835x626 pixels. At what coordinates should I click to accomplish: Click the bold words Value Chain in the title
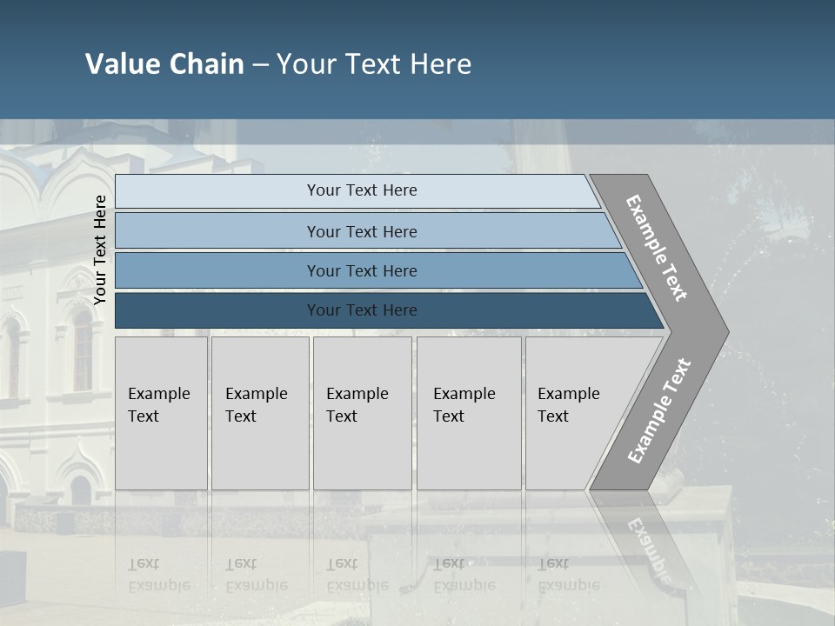pyautogui.click(x=164, y=64)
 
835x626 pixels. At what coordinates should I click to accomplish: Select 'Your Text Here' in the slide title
pyautogui.click(x=374, y=64)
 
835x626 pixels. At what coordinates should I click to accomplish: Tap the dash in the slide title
pyautogui.click(x=260, y=65)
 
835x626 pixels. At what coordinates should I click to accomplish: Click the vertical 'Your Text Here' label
pyautogui.click(x=100, y=250)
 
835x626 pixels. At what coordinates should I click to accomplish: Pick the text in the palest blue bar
pyautogui.click(x=362, y=190)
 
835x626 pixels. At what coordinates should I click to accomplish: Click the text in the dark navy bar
pyautogui.click(x=362, y=310)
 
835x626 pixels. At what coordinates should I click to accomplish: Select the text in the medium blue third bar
pyautogui.click(x=362, y=271)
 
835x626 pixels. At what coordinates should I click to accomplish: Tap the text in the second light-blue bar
pyautogui.click(x=362, y=232)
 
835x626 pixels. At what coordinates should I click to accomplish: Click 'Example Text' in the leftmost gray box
pyautogui.click(x=158, y=405)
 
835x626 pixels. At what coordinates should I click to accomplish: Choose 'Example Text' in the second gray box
pyautogui.click(x=256, y=405)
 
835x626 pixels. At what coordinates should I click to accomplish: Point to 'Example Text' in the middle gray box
pyautogui.click(x=357, y=405)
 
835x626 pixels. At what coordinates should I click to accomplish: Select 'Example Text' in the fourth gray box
pyautogui.click(x=464, y=405)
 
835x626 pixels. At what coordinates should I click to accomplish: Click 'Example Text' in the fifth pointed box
pyautogui.click(x=568, y=405)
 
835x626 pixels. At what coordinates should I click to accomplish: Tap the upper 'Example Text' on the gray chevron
pyautogui.click(x=657, y=248)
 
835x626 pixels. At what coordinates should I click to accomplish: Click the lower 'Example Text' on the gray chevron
pyautogui.click(x=659, y=411)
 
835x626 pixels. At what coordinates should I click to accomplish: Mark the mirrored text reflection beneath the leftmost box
pyautogui.click(x=158, y=575)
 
